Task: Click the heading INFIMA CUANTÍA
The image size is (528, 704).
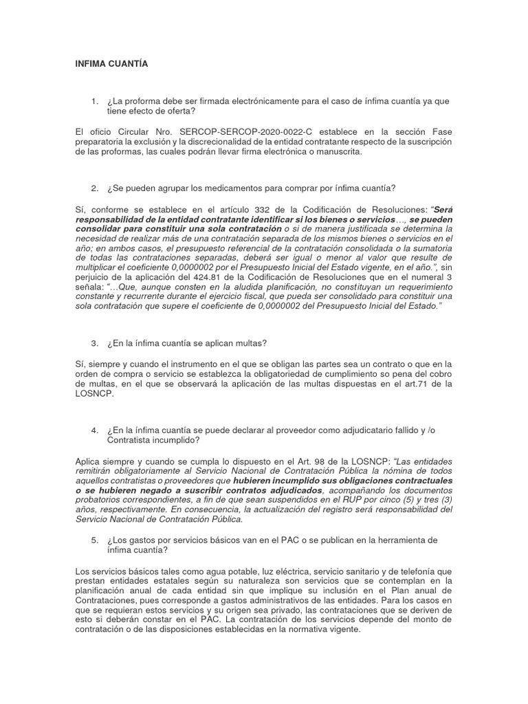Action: click(x=111, y=64)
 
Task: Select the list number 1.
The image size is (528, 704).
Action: click(x=93, y=101)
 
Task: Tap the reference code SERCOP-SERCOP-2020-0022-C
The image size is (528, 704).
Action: click(x=214, y=131)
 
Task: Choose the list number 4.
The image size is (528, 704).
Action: click(x=93, y=430)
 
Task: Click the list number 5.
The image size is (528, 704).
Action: click(x=93, y=540)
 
